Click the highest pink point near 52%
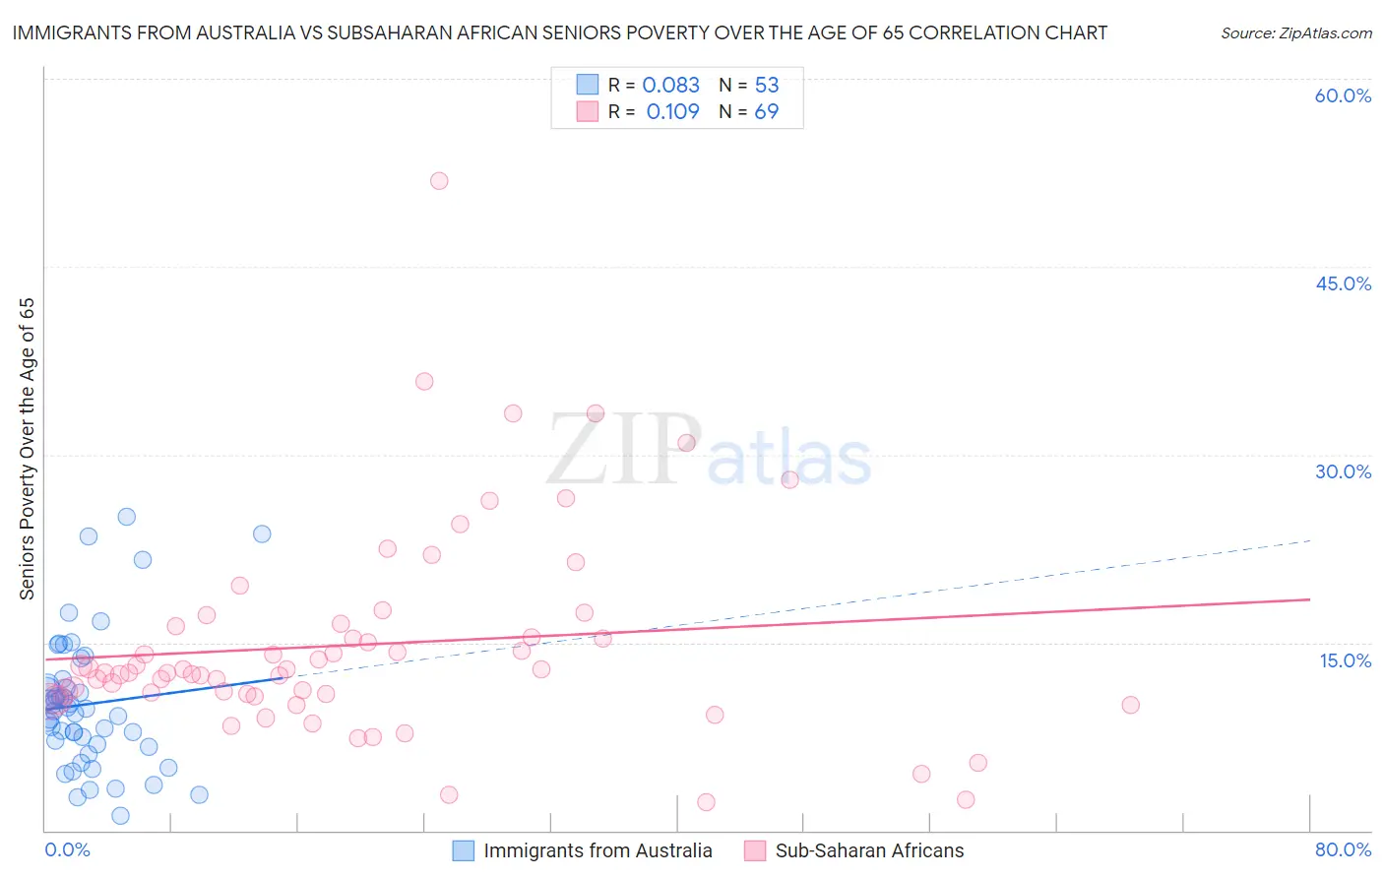pos(439,181)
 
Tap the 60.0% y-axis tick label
pos(1343,96)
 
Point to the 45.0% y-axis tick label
pos(1343,283)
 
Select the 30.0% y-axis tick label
pos(1343,471)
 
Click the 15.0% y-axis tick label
pos(1345,660)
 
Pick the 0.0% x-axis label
pos(67,849)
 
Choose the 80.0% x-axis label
pos(1343,849)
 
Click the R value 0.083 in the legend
pos(670,86)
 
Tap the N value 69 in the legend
pos(766,112)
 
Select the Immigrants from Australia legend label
pos(598,850)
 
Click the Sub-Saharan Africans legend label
pos(869,850)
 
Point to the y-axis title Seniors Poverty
pos(28,449)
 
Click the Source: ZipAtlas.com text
pos(1295,33)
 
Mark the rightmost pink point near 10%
pos(1130,705)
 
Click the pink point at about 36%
pos(424,382)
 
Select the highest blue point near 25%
pos(127,517)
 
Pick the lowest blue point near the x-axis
pos(120,815)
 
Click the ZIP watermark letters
pos(622,450)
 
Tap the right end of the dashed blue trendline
pos(1310,540)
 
